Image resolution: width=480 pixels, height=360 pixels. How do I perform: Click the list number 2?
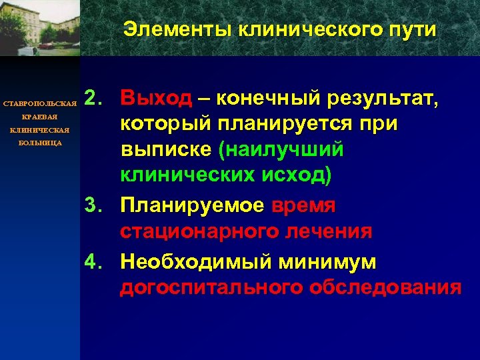(95, 99)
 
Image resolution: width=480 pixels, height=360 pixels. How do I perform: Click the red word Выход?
(155, 99)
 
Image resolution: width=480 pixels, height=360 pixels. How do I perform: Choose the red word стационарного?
(200, 232)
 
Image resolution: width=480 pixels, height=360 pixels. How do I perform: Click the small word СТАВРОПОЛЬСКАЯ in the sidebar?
(41, 105)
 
